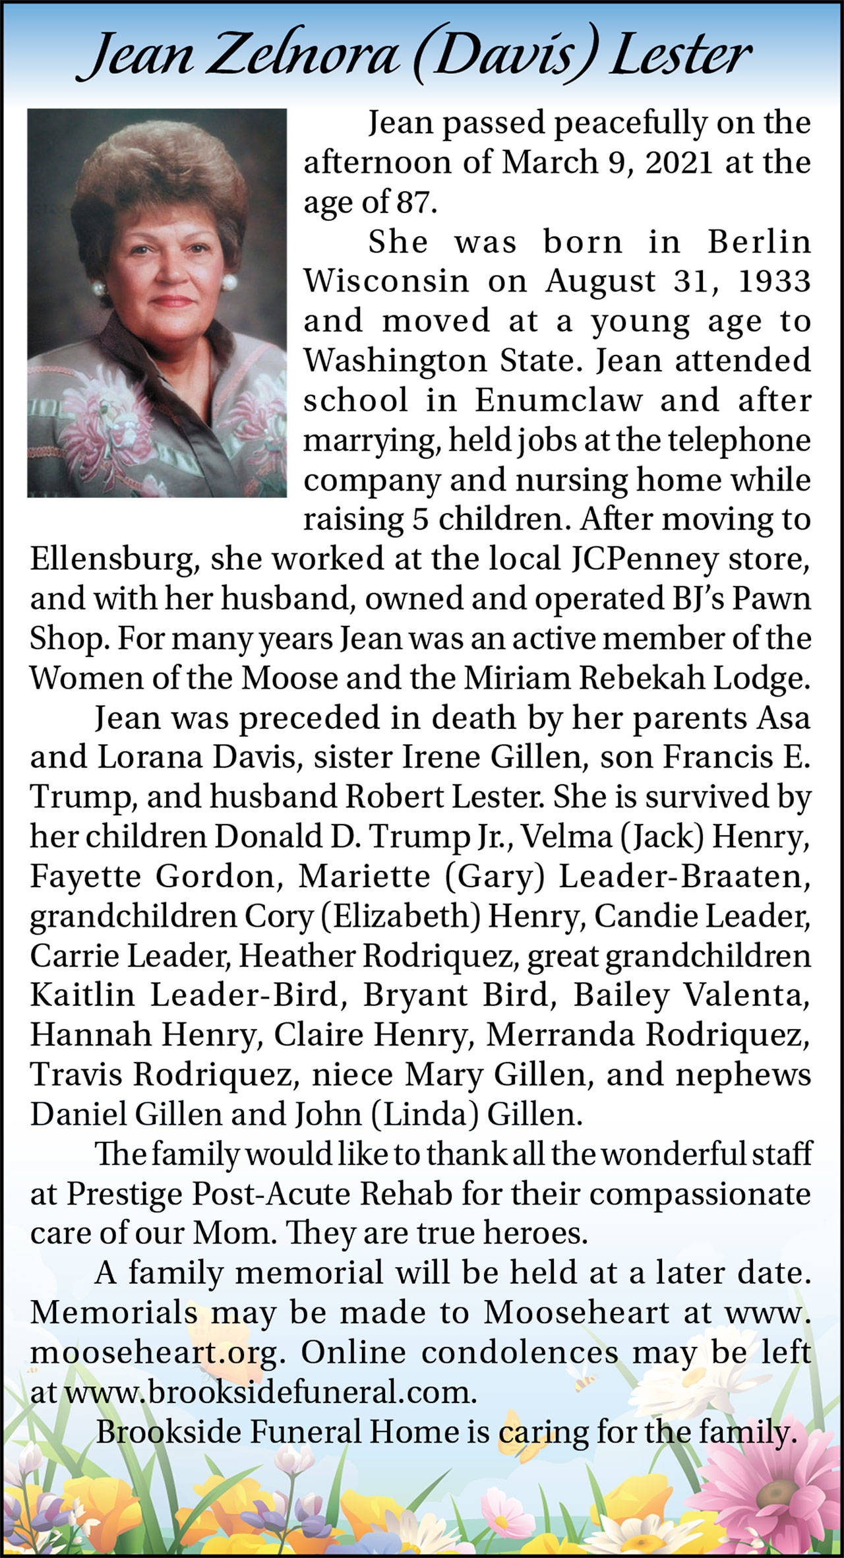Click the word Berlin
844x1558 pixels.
(758, 242)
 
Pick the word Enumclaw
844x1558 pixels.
(558, 400)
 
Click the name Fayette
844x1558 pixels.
(85, 877)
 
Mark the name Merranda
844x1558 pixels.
(560, 1035)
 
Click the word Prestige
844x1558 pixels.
(125, 1194)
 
